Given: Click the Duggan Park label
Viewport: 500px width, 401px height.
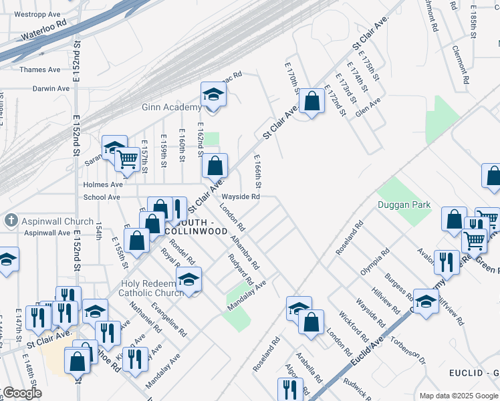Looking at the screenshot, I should [404, 205].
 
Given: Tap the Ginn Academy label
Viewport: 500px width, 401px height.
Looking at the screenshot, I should [171, 107].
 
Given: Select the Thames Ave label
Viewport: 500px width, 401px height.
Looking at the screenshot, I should [40, 70].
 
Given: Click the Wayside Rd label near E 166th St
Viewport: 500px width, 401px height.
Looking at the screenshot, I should [240, 197].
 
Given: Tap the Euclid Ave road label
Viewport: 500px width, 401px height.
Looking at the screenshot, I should [367, 346].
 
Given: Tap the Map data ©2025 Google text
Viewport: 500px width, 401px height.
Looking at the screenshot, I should [458, 396].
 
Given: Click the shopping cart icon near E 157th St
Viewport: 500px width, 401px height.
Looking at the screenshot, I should [126, 159].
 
